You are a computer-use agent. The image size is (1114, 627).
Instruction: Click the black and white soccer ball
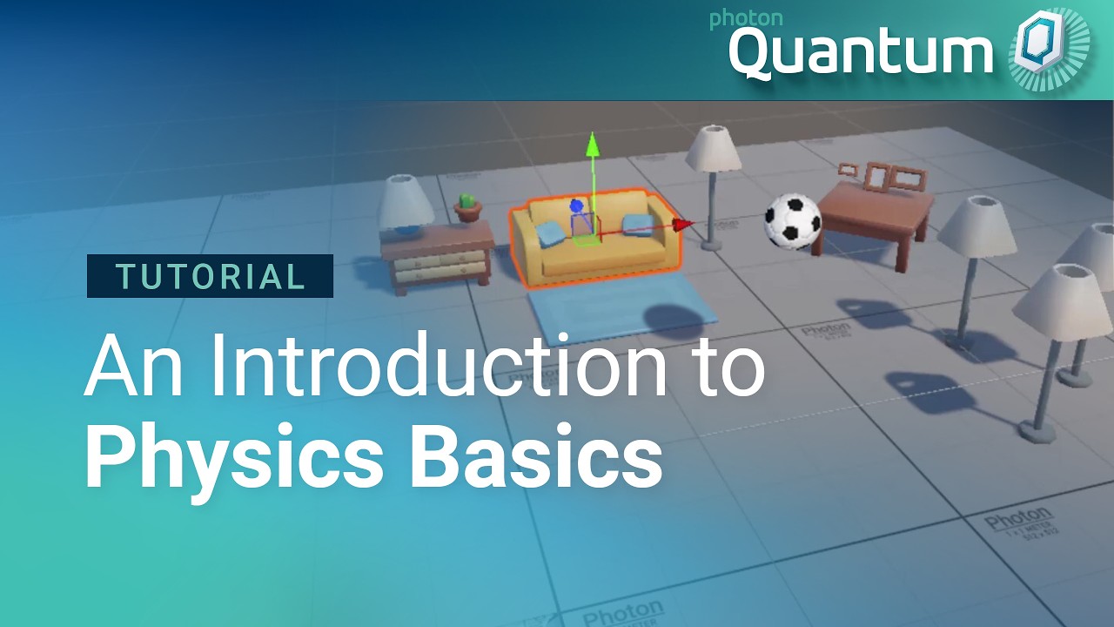[x=792, y=220]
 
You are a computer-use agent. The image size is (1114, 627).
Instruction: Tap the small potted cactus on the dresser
[x=468, y=206]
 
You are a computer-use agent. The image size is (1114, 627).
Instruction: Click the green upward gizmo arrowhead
[x=592, y=144]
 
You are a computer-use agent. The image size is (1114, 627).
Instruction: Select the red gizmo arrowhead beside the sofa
[x=684, y=225]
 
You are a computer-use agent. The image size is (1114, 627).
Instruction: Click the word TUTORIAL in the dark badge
[x=210, y=276]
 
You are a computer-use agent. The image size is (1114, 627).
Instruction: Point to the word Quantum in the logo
[x=860, y=52]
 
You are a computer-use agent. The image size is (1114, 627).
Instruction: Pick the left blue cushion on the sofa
[x=550, y=233]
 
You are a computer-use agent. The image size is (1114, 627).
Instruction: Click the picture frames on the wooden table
[x=883, y=176]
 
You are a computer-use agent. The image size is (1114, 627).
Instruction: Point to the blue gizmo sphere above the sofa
[x=575, y=207]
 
